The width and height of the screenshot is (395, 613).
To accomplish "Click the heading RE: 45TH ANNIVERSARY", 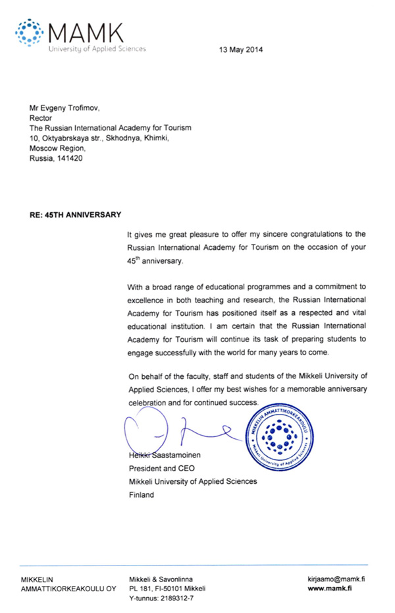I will click(72, 215).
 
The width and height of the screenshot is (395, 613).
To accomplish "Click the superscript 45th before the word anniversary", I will click(136, 260).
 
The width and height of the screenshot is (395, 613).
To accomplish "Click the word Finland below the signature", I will click(142, 494).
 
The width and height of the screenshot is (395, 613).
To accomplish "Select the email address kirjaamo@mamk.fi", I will click(336, 578).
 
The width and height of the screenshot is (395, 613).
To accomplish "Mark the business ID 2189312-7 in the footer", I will click(173, 598).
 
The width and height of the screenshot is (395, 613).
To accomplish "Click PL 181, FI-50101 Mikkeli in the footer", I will click(167, 588).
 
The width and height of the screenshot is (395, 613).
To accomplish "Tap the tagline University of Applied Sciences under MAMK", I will click(97, 48).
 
